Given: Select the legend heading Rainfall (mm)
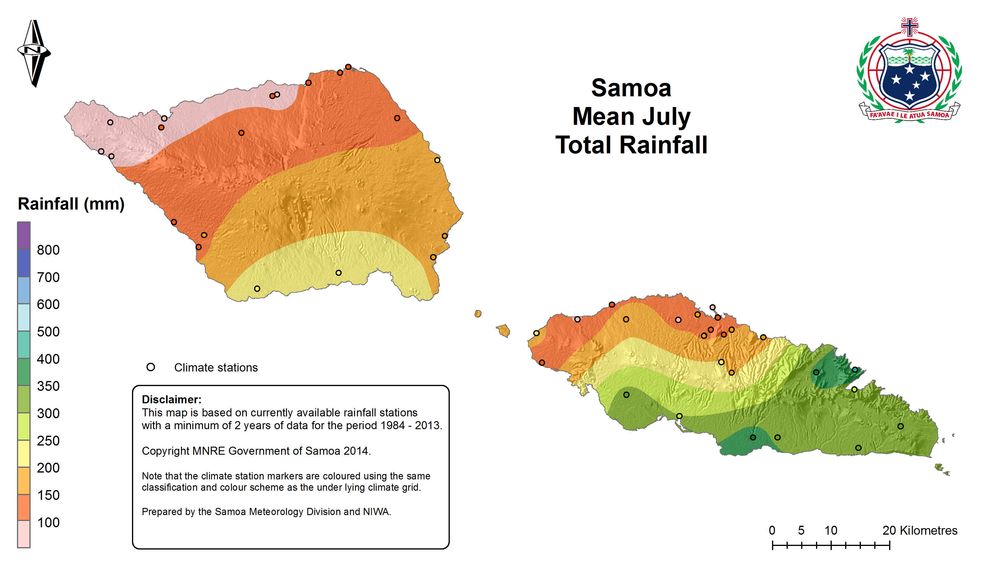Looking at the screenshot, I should point(71,204).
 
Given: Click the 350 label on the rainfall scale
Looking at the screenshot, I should point(48,386).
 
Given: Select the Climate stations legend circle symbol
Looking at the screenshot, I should point(150,367).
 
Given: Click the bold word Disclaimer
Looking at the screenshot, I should point(172,399).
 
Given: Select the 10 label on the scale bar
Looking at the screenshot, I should point(831,530).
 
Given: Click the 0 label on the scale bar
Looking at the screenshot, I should point(772,530).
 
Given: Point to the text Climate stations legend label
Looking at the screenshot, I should point(216,367).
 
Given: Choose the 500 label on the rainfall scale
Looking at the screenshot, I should point(48,332).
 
